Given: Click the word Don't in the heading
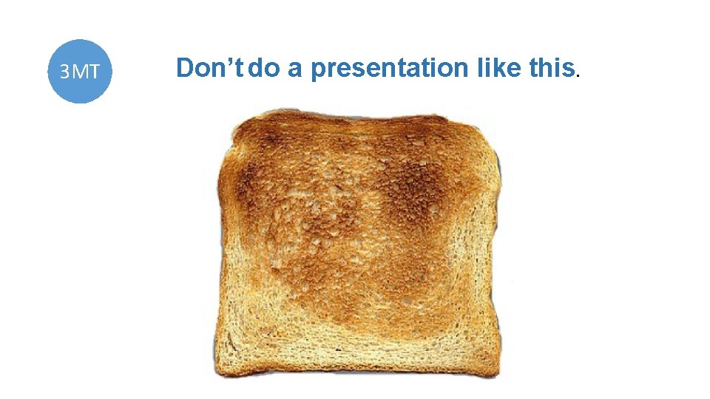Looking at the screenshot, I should point(211,68).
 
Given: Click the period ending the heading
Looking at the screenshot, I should point(579,75).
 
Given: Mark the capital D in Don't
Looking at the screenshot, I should point(185,68).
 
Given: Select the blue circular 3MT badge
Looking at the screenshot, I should point(80,71).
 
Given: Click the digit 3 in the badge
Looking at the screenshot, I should point(65,72).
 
